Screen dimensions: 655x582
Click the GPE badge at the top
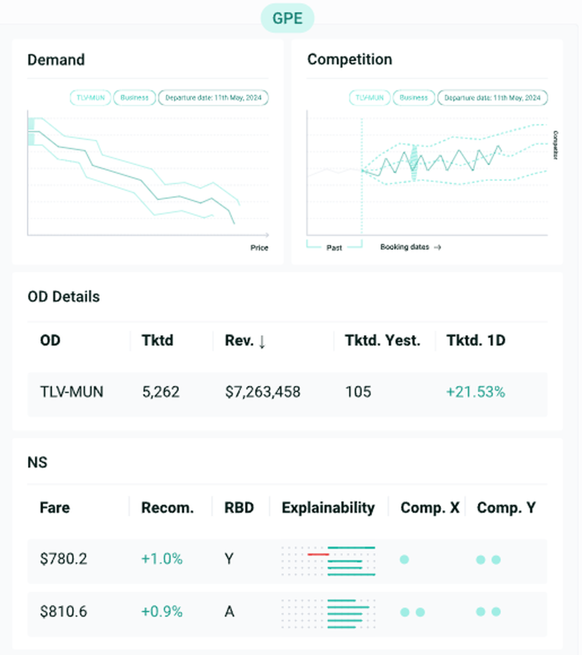point(288,18)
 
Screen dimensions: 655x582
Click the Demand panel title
point(56,60)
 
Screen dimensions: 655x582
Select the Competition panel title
point(349,59)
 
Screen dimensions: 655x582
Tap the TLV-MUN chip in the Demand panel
point(90,98)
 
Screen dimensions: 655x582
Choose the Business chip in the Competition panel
point(414,98)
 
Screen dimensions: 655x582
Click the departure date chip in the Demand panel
point(213,98)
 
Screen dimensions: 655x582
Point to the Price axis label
point(259,248)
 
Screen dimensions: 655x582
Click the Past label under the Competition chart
point(334,247)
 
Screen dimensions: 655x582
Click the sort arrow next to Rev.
point(262,341)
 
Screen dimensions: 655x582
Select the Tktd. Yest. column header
point(382,340)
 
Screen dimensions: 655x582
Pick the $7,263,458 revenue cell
point(262,392)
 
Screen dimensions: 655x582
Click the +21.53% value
point(475,392)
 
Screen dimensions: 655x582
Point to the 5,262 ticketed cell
point(161,392)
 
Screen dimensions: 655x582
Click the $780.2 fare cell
point(63,559)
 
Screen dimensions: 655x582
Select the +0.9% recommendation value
point(162,612)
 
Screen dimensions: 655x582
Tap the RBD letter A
point(229,612)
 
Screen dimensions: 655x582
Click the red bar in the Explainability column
point(318,554)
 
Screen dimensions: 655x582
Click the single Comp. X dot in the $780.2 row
point(404,560)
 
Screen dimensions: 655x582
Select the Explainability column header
point(328,508)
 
